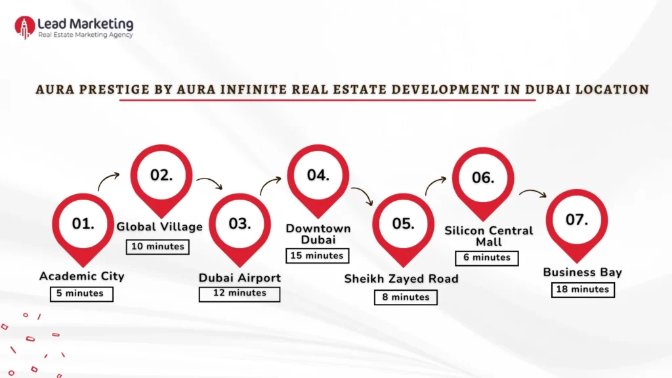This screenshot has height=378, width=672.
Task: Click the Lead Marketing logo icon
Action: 25,27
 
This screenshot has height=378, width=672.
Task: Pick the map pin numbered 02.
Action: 161,176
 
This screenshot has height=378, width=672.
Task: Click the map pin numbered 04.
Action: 318,176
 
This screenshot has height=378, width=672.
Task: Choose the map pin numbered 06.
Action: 482,178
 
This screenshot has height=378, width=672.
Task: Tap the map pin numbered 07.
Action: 577,220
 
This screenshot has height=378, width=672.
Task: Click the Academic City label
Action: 81,276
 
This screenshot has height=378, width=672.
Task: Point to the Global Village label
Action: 159,227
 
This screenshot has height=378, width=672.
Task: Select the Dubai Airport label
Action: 240,278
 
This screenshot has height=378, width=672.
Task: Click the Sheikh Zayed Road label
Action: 401,279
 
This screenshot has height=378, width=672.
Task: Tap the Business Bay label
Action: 582,272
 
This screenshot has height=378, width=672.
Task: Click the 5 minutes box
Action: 81,293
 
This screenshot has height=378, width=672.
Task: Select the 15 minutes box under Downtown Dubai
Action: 317,255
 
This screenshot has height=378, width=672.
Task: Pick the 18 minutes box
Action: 583,289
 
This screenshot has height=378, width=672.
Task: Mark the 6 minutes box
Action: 487,257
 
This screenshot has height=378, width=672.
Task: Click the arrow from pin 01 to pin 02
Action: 109,180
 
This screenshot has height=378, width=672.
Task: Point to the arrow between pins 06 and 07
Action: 532,193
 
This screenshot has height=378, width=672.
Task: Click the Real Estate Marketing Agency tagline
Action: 85,35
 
